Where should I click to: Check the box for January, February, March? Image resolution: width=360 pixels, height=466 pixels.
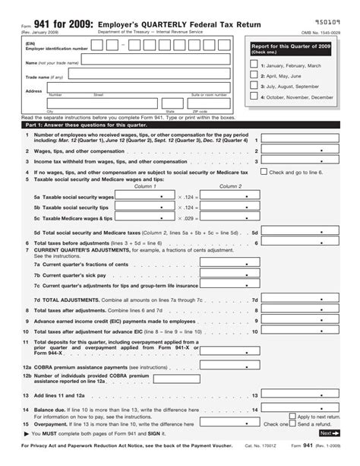(x=254, y=65)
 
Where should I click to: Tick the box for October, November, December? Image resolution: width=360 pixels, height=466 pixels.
(x=254, y=97)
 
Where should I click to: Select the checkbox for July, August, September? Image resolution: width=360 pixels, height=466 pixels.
(x=254, y=87)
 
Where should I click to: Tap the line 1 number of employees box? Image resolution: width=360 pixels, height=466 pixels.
(x=307, y=140)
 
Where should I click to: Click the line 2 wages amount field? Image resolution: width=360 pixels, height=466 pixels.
(x=307, y=151)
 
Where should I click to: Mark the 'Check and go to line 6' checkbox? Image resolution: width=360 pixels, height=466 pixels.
(x=264, y=172)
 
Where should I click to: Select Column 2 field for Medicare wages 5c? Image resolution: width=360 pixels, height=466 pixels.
(x=227, y=217)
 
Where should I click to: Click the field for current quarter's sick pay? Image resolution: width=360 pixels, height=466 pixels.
(x=228, y=274)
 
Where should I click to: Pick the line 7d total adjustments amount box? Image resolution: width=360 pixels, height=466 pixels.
(x=307, y=300)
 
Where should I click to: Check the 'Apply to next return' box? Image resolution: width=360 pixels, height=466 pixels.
(x=293, y=417)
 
